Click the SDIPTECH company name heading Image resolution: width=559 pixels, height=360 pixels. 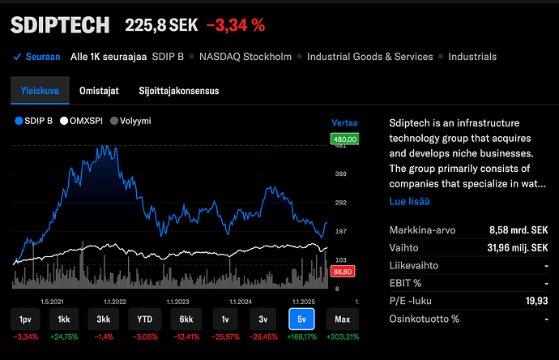(59, 25)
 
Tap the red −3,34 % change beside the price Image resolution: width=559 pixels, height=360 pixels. (236, 25)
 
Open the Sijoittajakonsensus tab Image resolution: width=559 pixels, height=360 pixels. (178, 91)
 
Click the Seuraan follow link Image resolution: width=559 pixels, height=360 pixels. (37, 57)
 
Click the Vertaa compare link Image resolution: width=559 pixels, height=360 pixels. (344, 123)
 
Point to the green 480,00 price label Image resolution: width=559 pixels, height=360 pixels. (345, 139)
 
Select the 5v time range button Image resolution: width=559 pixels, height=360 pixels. (301, 319)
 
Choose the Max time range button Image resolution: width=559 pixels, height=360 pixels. (344, 319)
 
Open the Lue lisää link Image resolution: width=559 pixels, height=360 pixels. (409, 200)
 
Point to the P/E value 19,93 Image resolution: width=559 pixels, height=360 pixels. (535, 301)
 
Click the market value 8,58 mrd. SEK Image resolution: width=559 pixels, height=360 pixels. (518, 229)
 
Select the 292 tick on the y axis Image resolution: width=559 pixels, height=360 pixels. (341, 203)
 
